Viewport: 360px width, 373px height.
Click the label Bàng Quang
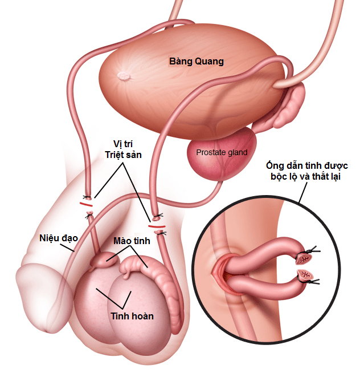(x=197, y=62)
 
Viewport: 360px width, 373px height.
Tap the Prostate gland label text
(x=222, y=152)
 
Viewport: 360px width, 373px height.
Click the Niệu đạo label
(x=59, y=238)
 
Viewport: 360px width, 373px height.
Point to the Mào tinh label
(x=132, y=241)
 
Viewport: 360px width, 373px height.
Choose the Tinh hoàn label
(x=132, y=316)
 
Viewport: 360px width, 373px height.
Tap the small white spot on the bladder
(x=124, y=76)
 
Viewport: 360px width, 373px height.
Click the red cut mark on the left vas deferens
(x=86, y=204)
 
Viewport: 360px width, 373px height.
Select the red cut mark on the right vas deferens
(x=157, y=226)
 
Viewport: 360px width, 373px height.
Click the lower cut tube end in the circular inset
(x=305, y=275)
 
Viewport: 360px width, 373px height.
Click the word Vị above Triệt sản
(x=118, y=144)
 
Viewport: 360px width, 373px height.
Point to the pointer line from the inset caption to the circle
(x=302, y=192)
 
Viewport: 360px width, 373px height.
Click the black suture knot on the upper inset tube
(x=309, y=251)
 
